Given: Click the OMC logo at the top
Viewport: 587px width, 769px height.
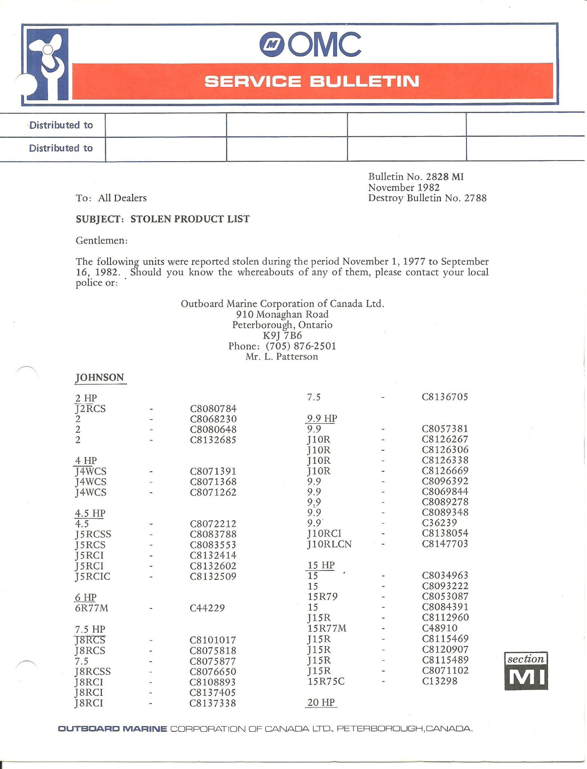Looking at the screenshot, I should (310, 44).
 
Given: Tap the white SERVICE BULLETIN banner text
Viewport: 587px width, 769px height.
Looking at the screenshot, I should (312, 81).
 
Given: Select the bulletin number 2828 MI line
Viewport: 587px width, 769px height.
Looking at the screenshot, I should (416, 177).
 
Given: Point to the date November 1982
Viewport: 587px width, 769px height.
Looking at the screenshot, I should (404, 187).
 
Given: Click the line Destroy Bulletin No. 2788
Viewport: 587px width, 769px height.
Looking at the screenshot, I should (427, 198).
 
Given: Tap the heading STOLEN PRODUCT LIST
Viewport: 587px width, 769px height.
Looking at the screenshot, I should (190, 219).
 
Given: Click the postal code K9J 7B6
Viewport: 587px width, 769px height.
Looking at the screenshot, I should (282, 335).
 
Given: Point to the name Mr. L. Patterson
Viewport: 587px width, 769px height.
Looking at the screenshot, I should (282, 356).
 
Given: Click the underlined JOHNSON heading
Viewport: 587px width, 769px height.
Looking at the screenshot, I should (100, 377).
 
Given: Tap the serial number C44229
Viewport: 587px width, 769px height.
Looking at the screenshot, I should (207, 608).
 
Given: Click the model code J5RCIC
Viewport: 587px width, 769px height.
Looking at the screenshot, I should (93, 576).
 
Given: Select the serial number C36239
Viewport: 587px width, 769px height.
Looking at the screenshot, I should (439, 523).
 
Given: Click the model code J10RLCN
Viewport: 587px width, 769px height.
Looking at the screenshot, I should (329, 544).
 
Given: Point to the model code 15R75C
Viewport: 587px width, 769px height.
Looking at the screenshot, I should (326, 681).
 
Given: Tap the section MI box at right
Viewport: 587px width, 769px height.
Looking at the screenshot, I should (526, 671).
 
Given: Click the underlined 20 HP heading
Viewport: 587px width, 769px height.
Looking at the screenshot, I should (321, 702).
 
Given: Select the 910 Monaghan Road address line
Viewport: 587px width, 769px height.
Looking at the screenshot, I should (282, 314).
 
